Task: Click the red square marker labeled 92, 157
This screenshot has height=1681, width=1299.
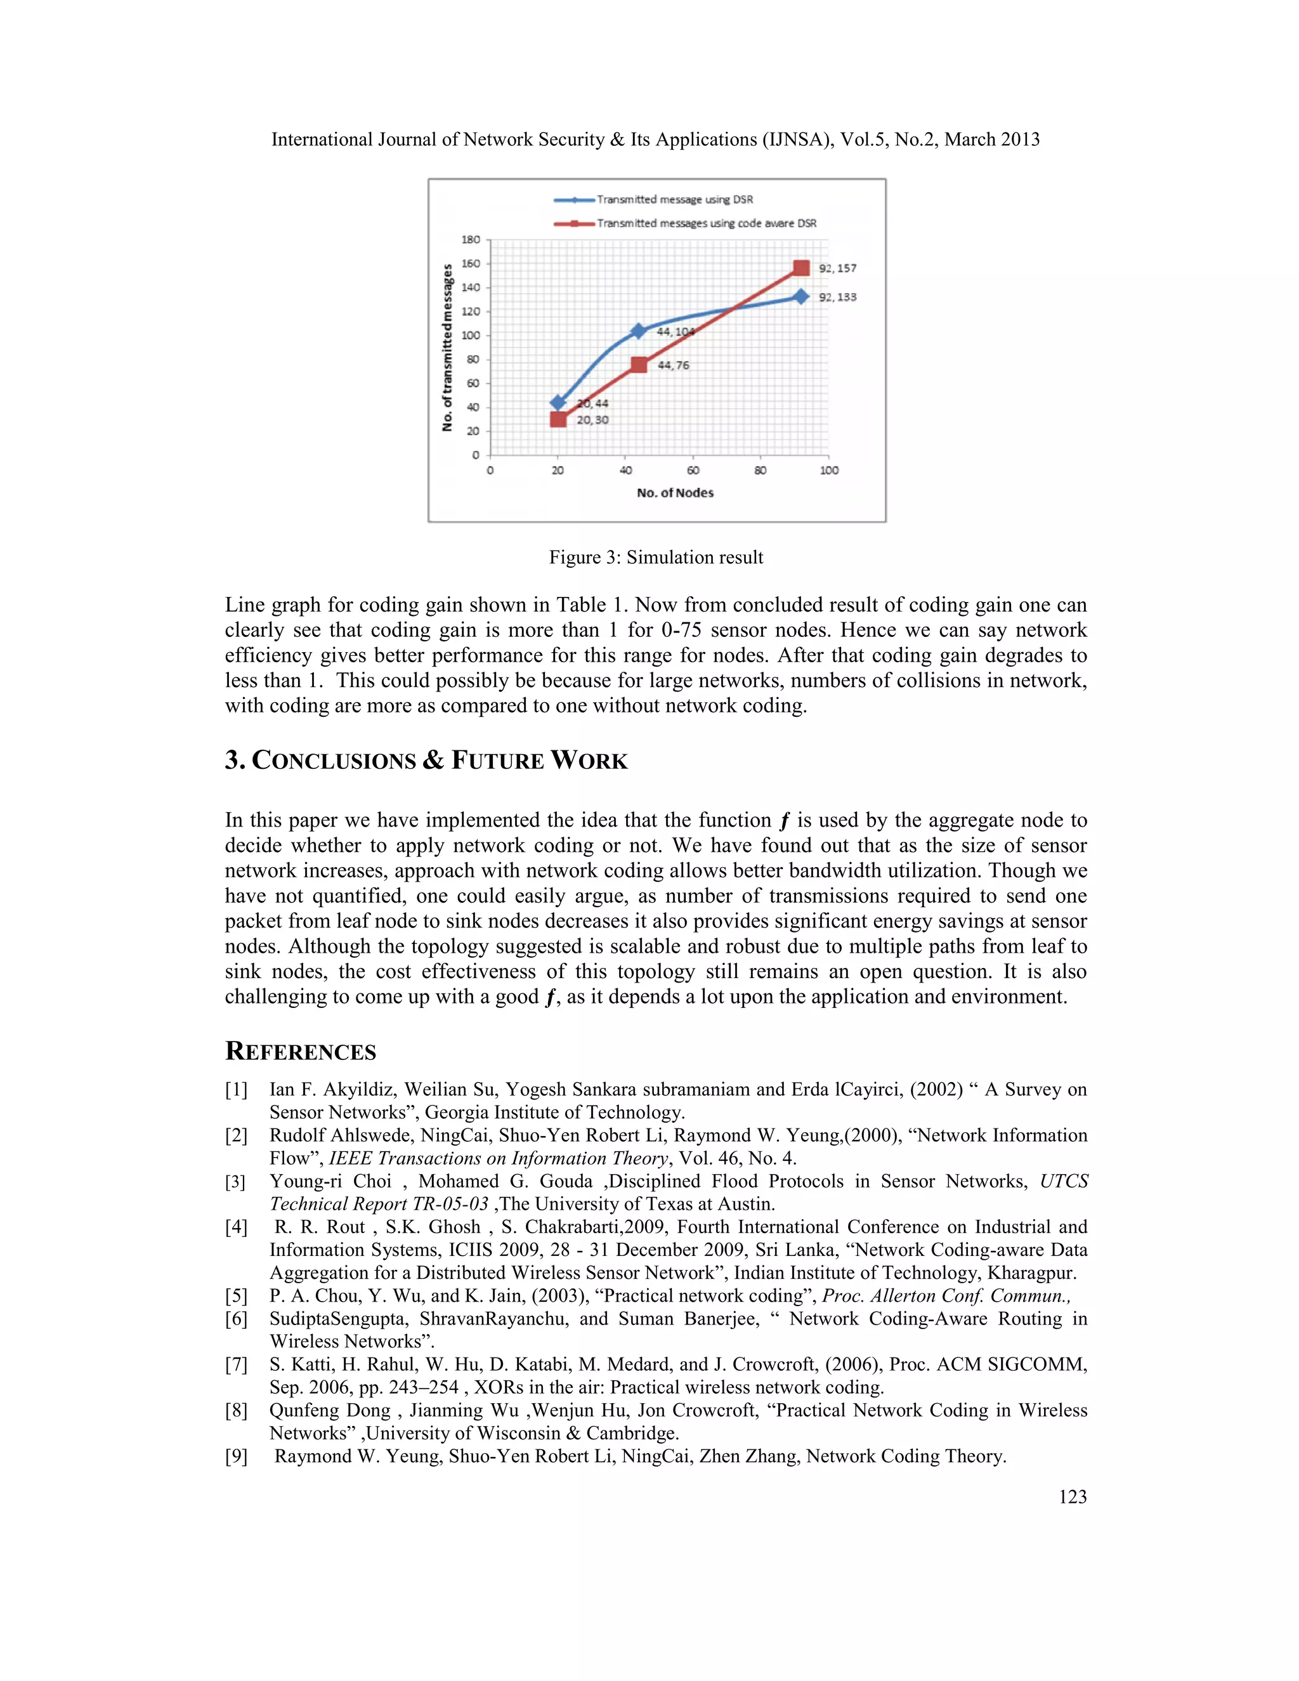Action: (801, 268)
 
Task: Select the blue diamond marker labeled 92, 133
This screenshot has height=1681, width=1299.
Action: (801, 296)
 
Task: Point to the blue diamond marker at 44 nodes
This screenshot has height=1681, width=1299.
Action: (638, 331)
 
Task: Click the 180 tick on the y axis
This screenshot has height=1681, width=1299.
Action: (470, 239)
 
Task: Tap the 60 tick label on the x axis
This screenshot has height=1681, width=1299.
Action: (693, 470)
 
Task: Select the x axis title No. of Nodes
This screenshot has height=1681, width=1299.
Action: (675, 493)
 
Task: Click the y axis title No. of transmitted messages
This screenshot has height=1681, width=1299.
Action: (447, 347)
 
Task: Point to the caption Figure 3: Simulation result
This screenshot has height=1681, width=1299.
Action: (656, 557)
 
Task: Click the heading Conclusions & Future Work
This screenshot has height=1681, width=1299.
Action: (426, 761)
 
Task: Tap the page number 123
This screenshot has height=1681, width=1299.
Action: (1072, 1496)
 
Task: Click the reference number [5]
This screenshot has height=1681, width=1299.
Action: (235, 1296)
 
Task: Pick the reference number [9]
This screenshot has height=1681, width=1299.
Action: (235, 1456)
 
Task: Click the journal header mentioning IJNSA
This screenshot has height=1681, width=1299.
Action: (656, 140)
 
